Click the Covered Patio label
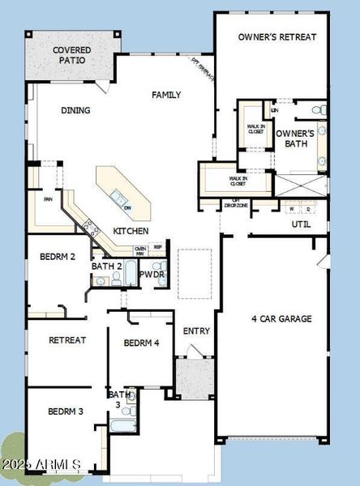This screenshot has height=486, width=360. [71, 55]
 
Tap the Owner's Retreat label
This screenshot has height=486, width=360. [277, 36]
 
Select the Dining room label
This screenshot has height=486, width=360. [75, 111]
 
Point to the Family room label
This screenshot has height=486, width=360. [167, 95]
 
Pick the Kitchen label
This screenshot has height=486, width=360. [131, 231]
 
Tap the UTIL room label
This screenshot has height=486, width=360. [301, 224]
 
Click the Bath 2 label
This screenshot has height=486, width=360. [106, 266]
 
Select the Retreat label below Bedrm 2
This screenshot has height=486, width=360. [67, 340]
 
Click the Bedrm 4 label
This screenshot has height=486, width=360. [141, 343]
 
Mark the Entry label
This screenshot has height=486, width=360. [196, 330]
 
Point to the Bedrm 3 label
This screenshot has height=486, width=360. [64, 411]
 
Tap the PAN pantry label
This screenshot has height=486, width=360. [48, 199]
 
